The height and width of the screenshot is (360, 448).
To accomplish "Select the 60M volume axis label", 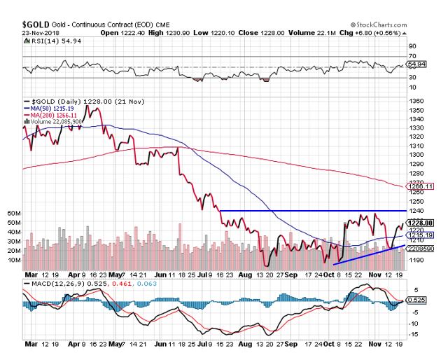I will click(13, 212).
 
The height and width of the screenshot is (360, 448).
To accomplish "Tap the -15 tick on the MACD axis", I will click(414, 333).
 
